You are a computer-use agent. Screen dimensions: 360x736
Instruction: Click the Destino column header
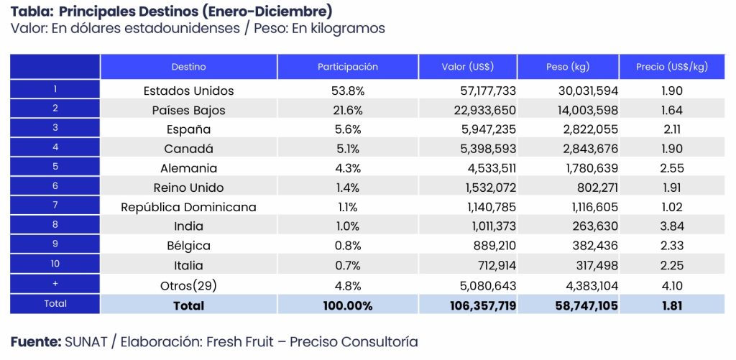point(188,67)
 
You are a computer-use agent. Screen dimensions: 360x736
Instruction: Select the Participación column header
point(347,67)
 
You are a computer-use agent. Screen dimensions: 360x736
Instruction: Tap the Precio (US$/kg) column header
point(671,67)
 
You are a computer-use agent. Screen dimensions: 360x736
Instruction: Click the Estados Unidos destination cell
point(188,91)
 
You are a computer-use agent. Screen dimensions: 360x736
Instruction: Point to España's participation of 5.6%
point(347,130)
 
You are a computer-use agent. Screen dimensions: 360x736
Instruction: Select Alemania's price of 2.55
point(671,169)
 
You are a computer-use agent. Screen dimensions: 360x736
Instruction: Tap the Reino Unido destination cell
point(188,188)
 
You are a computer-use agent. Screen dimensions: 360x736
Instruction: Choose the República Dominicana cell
point(188,208)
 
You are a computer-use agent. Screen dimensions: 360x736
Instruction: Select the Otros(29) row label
point(188,285)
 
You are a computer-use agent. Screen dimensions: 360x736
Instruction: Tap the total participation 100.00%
point(347,305)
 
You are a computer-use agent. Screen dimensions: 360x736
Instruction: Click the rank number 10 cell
point(55,264)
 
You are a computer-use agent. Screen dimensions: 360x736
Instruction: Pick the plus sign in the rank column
point(55,284)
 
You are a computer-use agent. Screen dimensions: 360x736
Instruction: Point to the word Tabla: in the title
point(31,12)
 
